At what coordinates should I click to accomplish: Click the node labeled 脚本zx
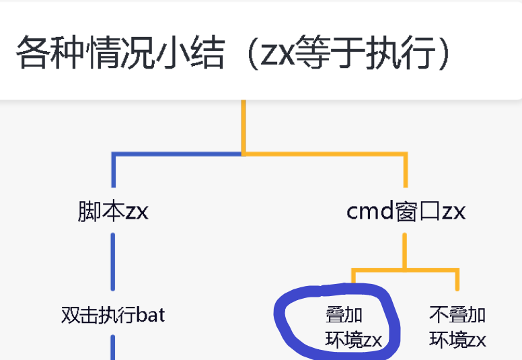click(x=113, y=211)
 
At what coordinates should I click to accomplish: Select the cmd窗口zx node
click(x=406, y=211)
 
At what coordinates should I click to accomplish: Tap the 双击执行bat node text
click(x=113, y=314)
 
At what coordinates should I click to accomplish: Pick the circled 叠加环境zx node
click(x=353, y=327)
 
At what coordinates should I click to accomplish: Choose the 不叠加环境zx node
click(x=457, y=327)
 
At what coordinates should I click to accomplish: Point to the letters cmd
click(x=369, y=211)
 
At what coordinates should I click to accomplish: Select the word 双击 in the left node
click(x=75, y=314)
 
